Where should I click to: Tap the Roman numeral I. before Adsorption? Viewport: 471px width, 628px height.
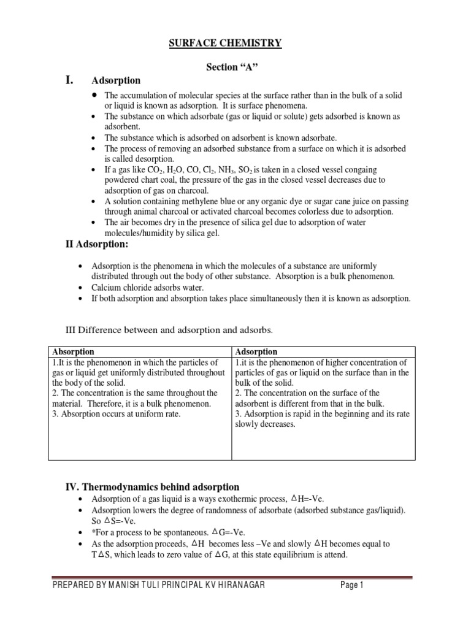(x=70, y=80)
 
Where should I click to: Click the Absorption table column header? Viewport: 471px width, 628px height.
(x=74, y=351)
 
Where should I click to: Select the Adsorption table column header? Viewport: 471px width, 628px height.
(x=256, y=351)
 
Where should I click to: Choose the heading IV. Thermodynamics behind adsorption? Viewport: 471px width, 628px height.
(x=152, y=487)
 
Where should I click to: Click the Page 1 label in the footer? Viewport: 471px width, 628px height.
(x=352, y=586)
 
